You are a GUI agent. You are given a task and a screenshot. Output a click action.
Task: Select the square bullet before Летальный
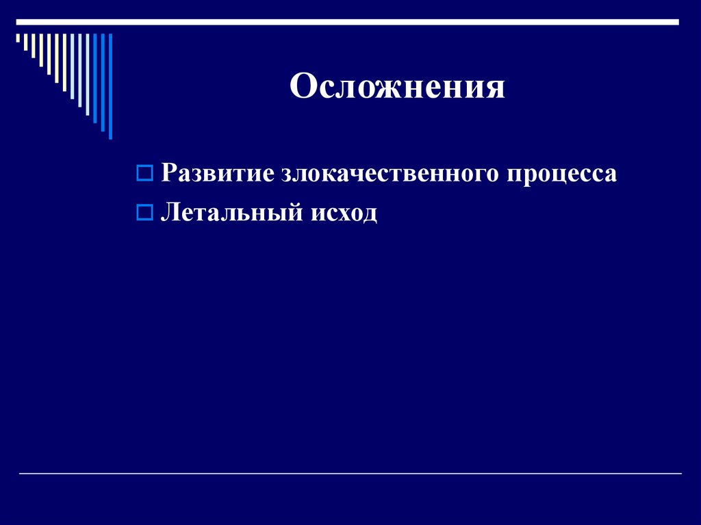point(144,213)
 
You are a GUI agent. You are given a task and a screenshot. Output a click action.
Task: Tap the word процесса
point(561,175)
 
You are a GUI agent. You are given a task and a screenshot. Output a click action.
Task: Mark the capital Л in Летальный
point(170,214)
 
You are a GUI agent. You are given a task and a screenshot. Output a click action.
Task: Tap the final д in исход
point(369,216)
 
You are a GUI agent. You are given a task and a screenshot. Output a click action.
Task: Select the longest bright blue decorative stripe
point(110,86)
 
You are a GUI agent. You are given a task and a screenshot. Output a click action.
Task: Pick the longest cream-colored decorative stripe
point(64,62)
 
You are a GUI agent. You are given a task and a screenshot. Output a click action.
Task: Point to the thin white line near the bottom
point(350,474)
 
